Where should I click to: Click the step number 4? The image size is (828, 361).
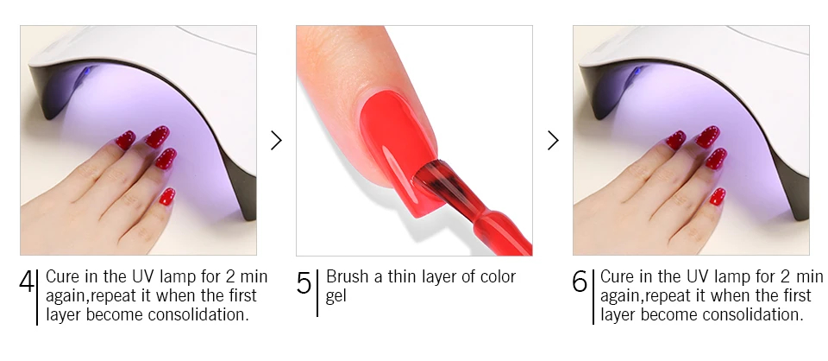tap(27, 282)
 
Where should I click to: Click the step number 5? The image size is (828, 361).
tap(304, 282)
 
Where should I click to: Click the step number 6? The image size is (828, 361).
tap(580, 282)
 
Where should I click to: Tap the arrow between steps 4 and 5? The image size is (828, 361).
tap(276, 141)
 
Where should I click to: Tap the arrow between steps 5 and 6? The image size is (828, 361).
tap(553, 141)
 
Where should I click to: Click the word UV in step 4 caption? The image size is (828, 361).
tap(143, 276)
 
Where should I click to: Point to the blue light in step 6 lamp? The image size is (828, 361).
tap(638, 71)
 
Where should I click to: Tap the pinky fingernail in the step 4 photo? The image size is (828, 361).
tap(167, 197)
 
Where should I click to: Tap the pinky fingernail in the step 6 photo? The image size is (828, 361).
tap(718, 197)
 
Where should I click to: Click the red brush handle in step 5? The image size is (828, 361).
tap(493, 228)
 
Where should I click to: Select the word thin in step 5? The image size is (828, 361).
tap(406, 276)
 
